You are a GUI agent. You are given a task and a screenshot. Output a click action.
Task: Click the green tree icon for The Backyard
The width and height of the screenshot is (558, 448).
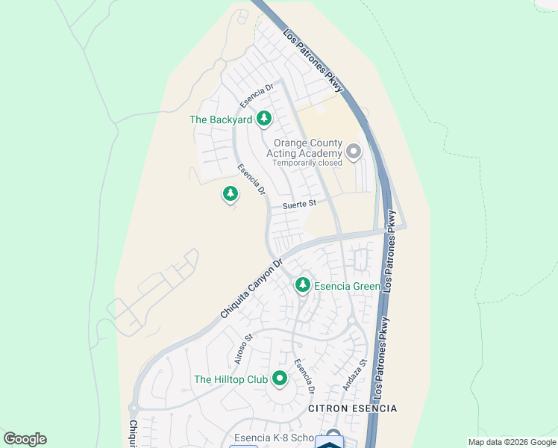click(263, 118)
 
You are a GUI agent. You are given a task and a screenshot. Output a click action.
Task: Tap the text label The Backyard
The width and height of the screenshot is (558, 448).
click(221, 119)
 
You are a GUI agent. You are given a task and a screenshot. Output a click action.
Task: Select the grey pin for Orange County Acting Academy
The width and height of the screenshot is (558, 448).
click(354, 152)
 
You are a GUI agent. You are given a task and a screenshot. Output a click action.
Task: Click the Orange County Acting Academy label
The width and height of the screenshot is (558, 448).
click(307, 148)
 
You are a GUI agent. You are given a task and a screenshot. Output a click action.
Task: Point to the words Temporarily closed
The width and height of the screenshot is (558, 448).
click(307, 163)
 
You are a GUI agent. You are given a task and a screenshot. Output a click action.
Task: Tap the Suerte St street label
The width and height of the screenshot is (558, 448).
click(299, 203)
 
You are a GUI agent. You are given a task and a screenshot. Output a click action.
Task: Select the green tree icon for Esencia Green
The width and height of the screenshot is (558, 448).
click(302, 284)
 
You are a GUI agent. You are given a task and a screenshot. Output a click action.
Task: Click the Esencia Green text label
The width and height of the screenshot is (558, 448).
click(347, 286)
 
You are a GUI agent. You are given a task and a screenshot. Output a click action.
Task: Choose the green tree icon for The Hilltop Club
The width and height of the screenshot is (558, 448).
click(280, 379)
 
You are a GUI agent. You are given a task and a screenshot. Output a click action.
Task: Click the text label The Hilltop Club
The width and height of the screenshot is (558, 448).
click(231, 380)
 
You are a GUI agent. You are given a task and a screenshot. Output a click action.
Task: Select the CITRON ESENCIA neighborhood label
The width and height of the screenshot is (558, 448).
click(353, 409)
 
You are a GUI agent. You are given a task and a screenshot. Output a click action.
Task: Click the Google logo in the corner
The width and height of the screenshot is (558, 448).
click(25, 439)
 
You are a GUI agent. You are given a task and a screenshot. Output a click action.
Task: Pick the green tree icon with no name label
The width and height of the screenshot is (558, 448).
click(231, 194)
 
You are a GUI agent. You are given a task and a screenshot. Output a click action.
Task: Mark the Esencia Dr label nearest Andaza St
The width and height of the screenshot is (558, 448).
click(303, 376)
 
